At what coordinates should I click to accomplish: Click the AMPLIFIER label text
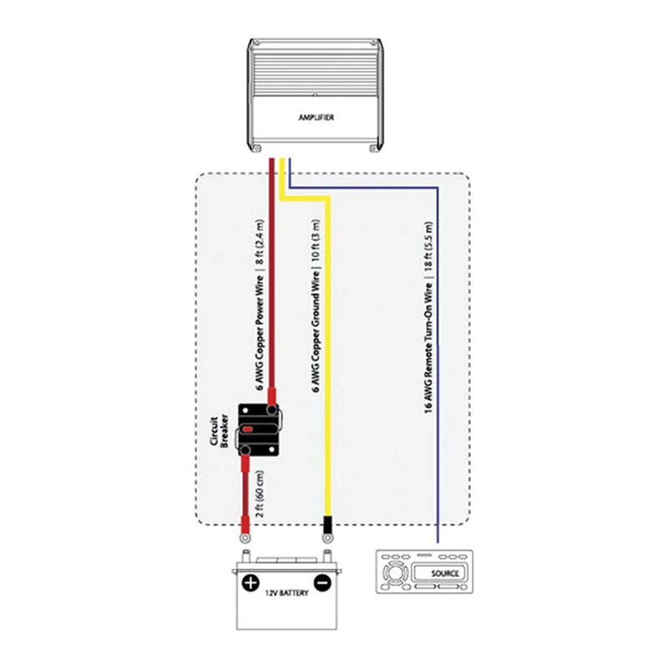[x=316, y=118]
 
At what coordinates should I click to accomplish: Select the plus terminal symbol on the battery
[x=249, y=583]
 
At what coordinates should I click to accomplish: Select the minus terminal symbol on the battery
[x=321, y=583]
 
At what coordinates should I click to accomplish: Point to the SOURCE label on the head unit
[x=445, y=574]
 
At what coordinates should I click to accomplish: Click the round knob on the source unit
[x=391, y=574]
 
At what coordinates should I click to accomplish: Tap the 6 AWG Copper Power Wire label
[x=260, y=305]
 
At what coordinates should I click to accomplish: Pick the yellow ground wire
[x=327, y=376]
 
